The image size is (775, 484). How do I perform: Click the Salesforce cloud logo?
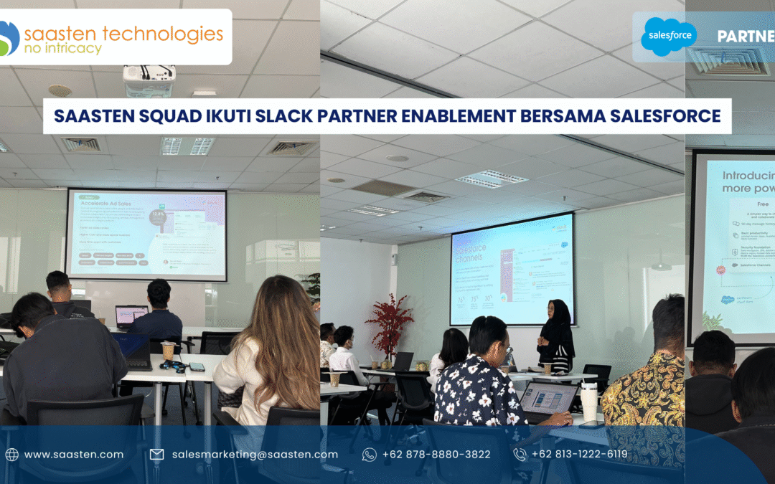[x=669, y=37]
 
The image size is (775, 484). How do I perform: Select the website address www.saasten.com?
[x=73, y=454]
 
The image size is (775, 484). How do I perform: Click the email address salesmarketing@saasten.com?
[x=255, y=454]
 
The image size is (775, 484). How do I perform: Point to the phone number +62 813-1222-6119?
[x=579, y=454]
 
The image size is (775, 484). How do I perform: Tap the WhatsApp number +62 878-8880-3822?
[x=436, y=454]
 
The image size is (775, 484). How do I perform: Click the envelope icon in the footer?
[x=156, y=454]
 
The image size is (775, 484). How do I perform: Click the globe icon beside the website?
[x=11, y=454]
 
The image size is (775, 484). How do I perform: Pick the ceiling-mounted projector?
[x=149, y=80]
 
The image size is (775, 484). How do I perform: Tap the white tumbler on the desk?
[x=589, y=401]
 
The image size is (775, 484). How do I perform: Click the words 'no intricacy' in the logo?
[x=63, y=49]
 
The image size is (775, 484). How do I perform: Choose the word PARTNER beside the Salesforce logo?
[x=746, y=37]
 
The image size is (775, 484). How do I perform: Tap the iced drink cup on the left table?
[x=168, y=352]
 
